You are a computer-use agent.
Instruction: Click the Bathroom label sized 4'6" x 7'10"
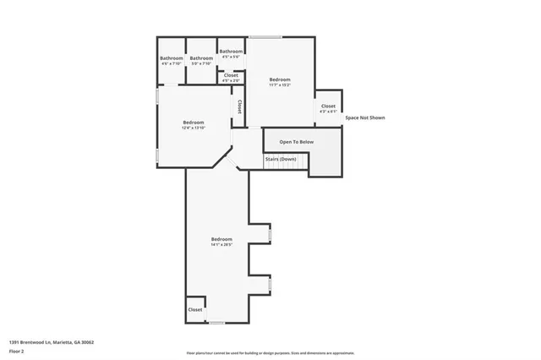[172, 58]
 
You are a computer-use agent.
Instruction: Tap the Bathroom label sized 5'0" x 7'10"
[201, 58]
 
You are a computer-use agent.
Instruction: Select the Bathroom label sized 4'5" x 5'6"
[231, 52]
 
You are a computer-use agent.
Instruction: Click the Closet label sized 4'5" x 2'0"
[230, 76]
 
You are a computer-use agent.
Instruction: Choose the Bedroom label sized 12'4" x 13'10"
[194, 123]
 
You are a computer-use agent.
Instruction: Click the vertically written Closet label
[240, 107]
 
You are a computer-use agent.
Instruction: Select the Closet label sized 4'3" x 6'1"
[328, 106]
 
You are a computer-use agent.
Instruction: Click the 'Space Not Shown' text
[364, 117]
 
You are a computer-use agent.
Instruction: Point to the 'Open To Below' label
[296, 141]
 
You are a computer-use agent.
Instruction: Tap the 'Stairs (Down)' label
[281, 159]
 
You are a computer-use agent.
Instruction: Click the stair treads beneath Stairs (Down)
[283, 166]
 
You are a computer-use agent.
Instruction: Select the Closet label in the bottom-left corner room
[195, 309]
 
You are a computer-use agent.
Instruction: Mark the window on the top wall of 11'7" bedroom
[265, 36]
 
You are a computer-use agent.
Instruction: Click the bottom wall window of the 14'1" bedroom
[217, 323]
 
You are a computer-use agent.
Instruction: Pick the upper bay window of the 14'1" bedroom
[270, 235]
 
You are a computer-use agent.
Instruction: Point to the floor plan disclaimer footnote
[270, 353]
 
